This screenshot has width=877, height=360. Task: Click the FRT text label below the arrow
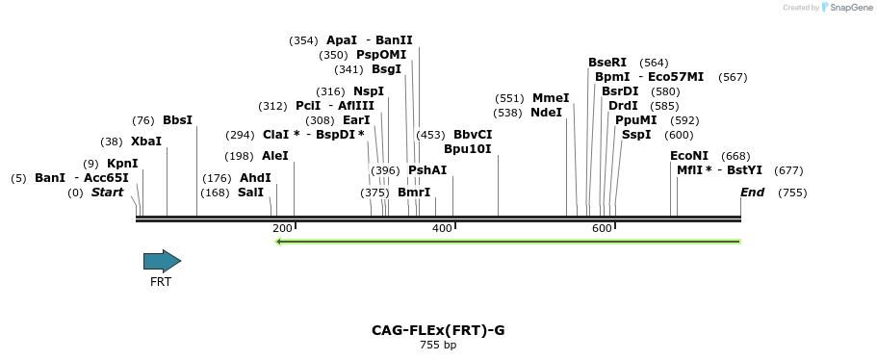(x=161, y=282)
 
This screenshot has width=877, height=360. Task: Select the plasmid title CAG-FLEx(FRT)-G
(x=438, y=330)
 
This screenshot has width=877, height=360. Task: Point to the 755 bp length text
(x=438, y=345)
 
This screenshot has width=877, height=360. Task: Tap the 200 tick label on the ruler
(x=282, y=228)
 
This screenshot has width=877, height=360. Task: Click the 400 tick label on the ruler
(x=442, y=228)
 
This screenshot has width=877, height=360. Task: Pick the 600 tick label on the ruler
(x=602, y=228)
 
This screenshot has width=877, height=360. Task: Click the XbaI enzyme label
(x=146, y=141)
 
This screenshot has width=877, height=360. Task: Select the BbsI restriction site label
(x=177, y=120)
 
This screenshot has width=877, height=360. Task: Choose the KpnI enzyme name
(x=122, y=164)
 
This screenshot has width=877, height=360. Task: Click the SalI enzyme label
(x=250, y=193)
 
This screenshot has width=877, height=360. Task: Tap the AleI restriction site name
(x=274, y=156)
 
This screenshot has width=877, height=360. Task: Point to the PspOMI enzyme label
(x=381, y=55)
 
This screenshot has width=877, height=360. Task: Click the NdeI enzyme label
(x=546, y=113)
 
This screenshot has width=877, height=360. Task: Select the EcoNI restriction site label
(x=689, y=156)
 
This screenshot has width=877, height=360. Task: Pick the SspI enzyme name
(x=636, y=135)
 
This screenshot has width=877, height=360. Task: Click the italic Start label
(x=107, y=193)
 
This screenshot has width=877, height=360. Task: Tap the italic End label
(x=752, y=193)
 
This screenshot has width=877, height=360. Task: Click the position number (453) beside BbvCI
(x=430, y=135)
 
